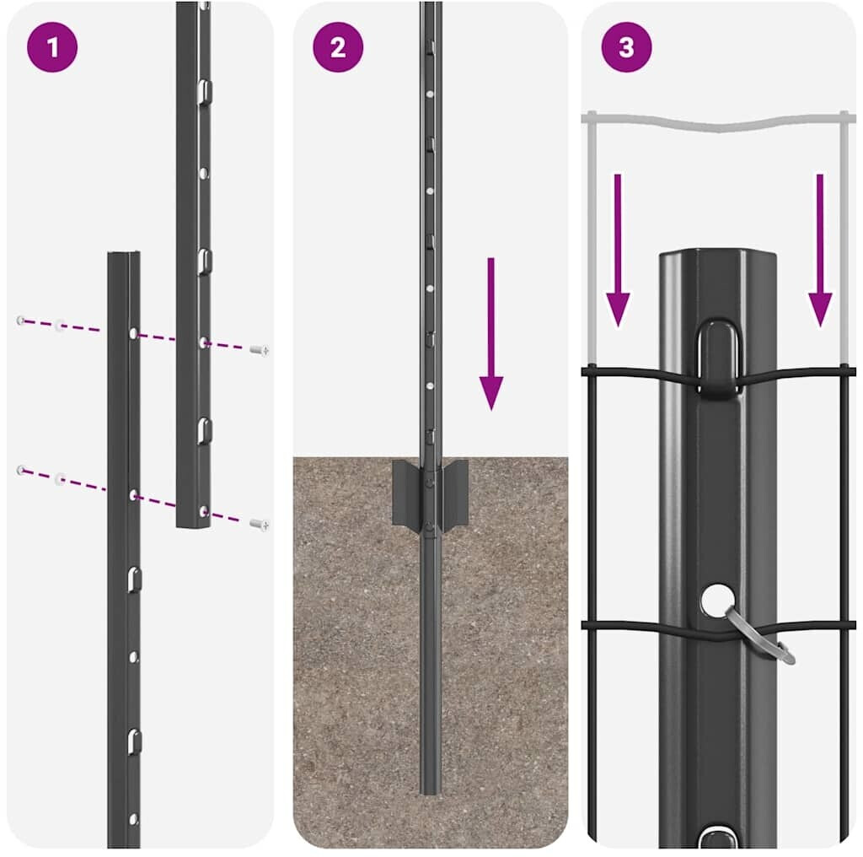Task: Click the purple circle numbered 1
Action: tap(52, 47)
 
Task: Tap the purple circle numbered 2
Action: tap(338, 47)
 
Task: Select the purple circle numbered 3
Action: tap(626, 47)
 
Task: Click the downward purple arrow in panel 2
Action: tap(491, 334)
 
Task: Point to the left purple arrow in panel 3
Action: tap(618, 251)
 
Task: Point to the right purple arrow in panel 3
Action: tap(820, 251)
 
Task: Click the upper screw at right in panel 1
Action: tap(260, 350)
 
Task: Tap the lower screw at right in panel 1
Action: tap(260, 525)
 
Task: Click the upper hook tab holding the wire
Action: tap(718, 357)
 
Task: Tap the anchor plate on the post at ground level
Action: tap(430, 493)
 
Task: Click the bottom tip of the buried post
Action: tap(430, 792)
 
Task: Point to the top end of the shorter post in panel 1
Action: tap(124, 254)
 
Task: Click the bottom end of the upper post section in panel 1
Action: tap(193, 526)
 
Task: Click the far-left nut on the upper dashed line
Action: tap(21, 320)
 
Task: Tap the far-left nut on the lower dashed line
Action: tap(21, 470)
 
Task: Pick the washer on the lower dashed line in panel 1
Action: tap(60, 478)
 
